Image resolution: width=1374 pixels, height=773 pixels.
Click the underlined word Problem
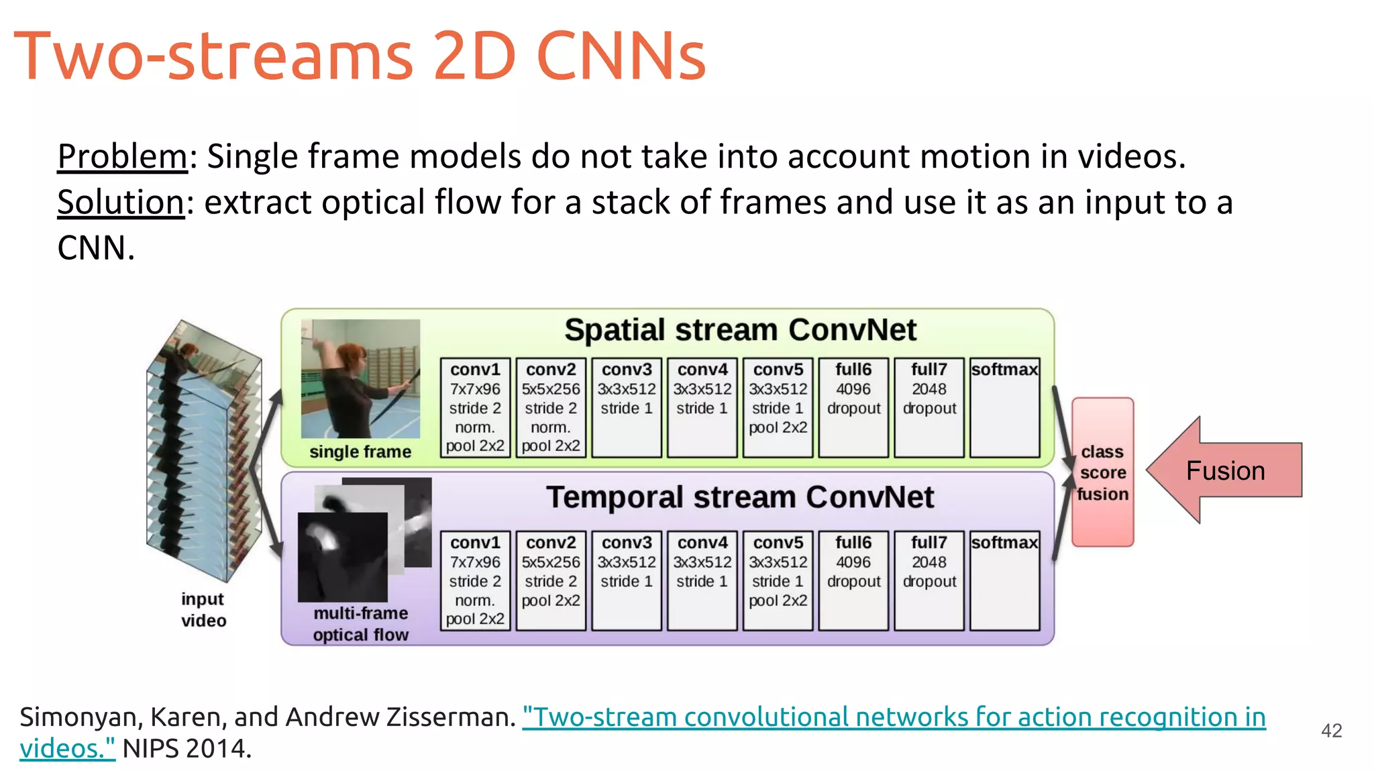(x=122, y=156)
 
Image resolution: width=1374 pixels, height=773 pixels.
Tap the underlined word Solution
(x=121, y=202)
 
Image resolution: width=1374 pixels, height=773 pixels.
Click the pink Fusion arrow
(x=1225, y=470)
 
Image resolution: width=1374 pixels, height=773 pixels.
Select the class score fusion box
(x=1102, y=472)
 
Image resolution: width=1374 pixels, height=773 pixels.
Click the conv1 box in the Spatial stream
(x=475, y=407)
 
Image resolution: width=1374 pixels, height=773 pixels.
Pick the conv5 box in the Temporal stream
(x=778, y=580)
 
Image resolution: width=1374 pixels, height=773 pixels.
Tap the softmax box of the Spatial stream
(x=1004, y=407)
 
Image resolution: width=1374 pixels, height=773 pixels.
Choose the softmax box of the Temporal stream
(x=1004, y=580)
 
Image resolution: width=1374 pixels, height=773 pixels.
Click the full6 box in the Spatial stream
(x=853, y=407)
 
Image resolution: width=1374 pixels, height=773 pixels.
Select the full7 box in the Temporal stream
(x=929, y=580)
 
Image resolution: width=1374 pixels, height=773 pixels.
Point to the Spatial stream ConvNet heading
(x=740, y=330)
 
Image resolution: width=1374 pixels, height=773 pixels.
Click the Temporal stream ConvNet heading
(x=740, y=497)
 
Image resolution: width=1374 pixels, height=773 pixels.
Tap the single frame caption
(x=360, y=452)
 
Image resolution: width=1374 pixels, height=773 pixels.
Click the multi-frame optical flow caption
(x=360, y=623)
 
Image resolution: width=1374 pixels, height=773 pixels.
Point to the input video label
(x=203, y=609)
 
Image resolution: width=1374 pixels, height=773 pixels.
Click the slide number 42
(x=1331, y=730)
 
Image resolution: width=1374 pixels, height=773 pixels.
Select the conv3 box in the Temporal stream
(x=627, y=580)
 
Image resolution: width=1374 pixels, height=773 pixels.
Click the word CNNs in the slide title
(x=621, y=56)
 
